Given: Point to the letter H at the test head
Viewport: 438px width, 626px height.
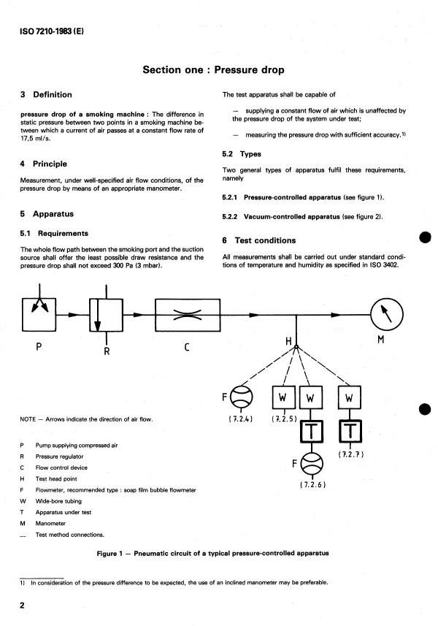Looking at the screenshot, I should click(x=289, y=341).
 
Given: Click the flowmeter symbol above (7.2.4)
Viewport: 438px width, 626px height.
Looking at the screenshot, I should click(x=240, y=398).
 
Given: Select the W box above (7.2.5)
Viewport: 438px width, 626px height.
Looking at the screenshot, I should click(x=282, y=398).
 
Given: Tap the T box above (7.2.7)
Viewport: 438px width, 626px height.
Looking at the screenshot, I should click(x=349, y=431).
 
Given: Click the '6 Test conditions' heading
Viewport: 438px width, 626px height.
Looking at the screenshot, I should click(x=259, y=240).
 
